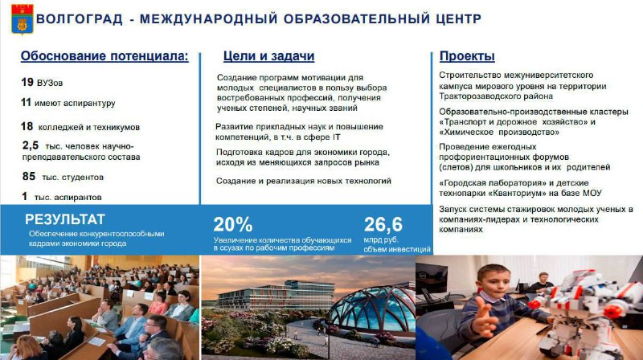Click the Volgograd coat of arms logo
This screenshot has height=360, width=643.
point(23,18)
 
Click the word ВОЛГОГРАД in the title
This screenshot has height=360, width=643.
point(80,18)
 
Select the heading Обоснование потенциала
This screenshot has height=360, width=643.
point(104,56)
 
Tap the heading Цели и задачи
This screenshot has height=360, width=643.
point(268,56)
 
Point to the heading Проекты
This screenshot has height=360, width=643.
point(467,56)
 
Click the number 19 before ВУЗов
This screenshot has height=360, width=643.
point(27,82)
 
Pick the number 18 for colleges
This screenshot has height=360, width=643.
point(27,126)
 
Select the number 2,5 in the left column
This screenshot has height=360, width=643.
point(31,145)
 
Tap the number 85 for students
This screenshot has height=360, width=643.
point(29,176)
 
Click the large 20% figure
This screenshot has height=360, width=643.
point(232,224)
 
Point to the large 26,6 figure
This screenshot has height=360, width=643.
point(383,224)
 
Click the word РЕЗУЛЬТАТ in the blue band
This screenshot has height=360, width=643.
point(65,219)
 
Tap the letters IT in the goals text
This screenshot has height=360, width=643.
point(336,137)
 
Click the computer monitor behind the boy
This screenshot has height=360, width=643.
point(432,277)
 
